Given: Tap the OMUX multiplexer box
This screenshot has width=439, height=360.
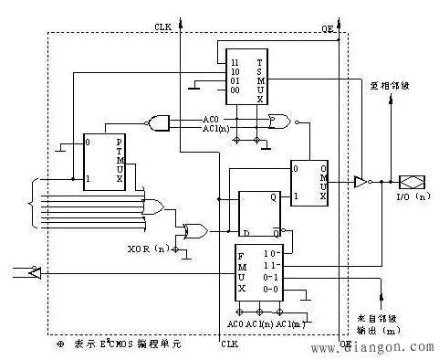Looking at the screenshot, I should coord(308,182).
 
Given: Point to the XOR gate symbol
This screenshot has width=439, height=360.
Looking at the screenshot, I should coord(195,230).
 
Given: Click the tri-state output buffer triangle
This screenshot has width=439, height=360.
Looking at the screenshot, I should coord(361,183).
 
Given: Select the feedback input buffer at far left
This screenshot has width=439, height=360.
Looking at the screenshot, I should coord(32,271).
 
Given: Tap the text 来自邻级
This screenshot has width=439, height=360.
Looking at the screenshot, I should coord(376,318).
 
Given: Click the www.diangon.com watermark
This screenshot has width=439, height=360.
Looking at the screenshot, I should coord(378,347).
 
